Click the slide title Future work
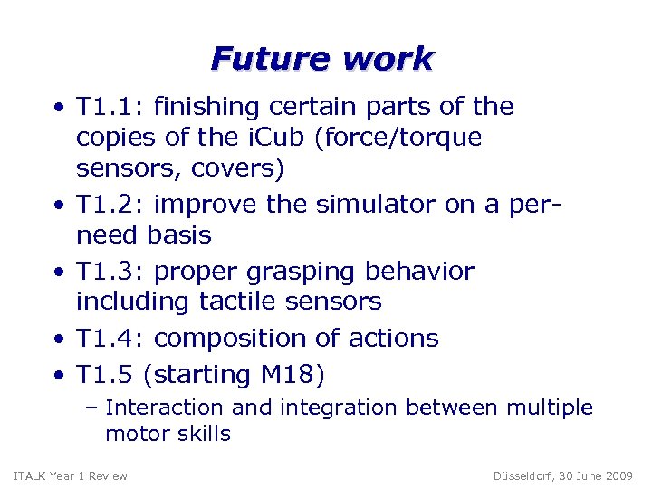(x=323, y=59)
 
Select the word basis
(x=179, y=235)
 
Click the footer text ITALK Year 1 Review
(x=71, y=475)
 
